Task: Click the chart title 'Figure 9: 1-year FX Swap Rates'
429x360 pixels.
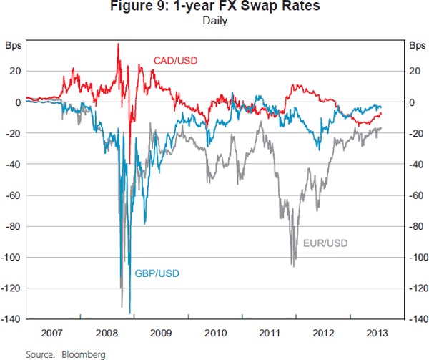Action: point(214,8)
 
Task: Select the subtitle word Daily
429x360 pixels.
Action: point(214,21)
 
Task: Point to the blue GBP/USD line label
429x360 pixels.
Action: point(157,273)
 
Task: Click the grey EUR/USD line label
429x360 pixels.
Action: point(325,243)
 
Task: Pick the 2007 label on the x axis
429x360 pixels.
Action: point(53,333)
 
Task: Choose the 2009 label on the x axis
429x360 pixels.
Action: point(161,333)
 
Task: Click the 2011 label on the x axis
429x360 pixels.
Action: point(269,333)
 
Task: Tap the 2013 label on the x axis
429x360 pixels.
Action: point(377,333)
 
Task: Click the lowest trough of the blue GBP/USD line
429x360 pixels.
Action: point(130,313)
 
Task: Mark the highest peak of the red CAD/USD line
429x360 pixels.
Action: point(118,44)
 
